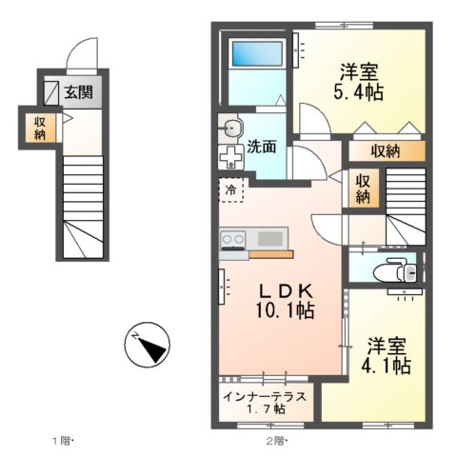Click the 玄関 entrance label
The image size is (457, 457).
point(77,93)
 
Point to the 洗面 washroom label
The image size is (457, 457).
point(262,147)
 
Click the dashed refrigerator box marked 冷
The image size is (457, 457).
point(231,190)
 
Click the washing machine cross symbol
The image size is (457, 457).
point(230,158)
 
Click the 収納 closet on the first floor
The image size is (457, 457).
point(41,126)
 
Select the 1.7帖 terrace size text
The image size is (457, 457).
point(266,408)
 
